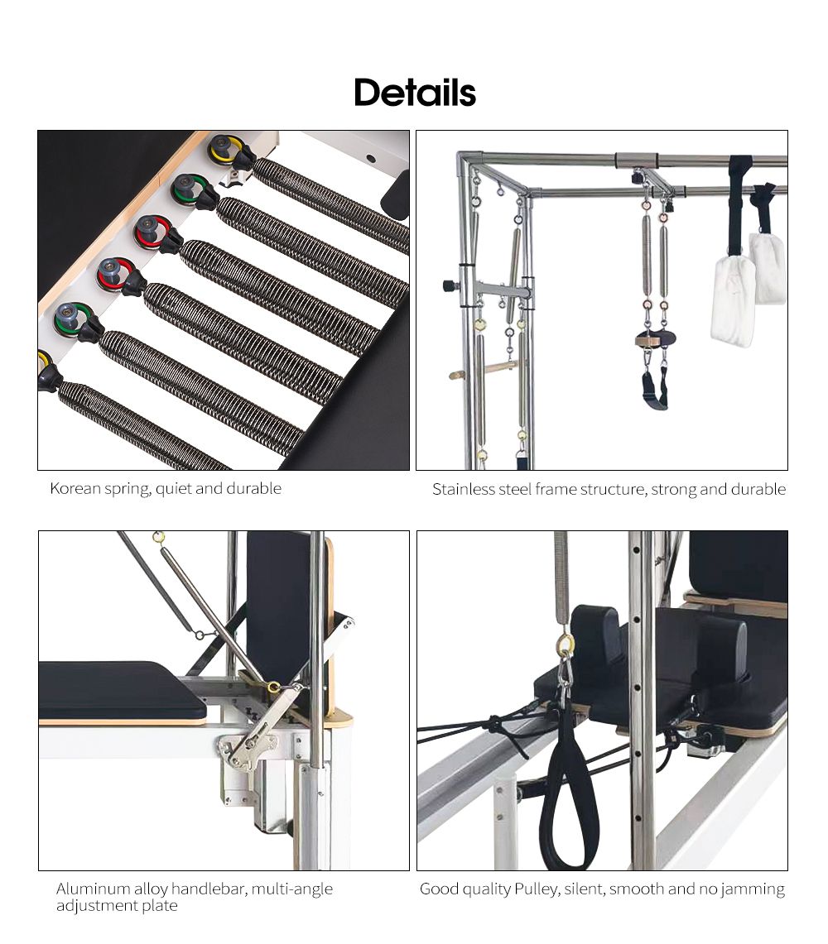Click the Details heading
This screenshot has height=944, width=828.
tap(415, 93)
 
